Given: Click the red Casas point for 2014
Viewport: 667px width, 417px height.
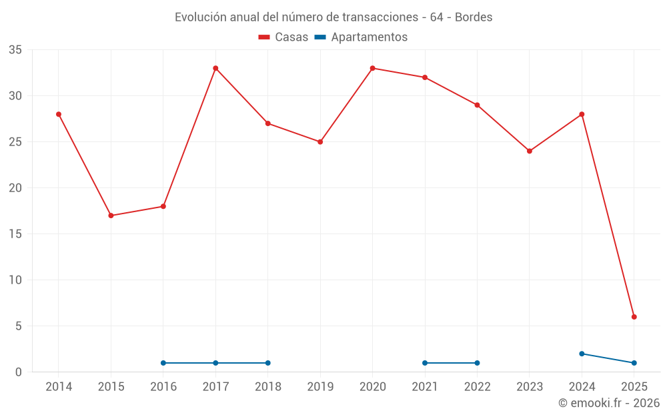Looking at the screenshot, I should pyautogui.click(x=59, y=114).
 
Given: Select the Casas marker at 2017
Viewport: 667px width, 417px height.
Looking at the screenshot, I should pyautogui.click(x=215, y=68).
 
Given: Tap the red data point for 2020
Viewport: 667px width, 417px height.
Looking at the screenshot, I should pyautogui.click(x=372, y=68).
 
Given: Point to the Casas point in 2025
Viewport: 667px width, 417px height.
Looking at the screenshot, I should pyautogui.click(x=634, y=317).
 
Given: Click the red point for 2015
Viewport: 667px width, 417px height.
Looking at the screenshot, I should pyautogui.click(x=111, y=216).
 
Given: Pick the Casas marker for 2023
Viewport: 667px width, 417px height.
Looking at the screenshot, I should pyautogui.click(x=530, y=151).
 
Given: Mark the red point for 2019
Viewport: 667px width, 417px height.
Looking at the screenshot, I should pyautogui.click(x=320, y=141).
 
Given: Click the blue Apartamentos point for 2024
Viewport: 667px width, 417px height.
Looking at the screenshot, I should pyautogui.click(x=582, y=354).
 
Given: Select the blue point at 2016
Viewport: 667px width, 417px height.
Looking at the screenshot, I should pyautogui.click(x=163, y=363).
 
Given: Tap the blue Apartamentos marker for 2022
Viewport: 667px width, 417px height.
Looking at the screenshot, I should pyautogui.click(x=477, y=363).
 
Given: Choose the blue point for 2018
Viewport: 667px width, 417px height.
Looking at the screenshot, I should pyautogui.click(x=267, y=363).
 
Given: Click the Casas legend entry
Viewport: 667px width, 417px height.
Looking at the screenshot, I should pyautogui.click(x=283, y=37).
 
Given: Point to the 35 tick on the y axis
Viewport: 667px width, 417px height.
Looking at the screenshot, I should pyautogui.click(x=15, y=50).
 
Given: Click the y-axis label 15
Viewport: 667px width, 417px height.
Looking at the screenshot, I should pyautogui.click(x=15, y=234).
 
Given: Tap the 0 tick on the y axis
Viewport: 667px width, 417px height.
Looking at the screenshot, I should pyautogui.click(x=19, y=372).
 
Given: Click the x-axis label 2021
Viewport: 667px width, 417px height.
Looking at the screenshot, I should pyautogui.click(x=425, y=387).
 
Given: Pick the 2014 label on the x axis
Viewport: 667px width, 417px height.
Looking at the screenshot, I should pyautogui.click(x=59, y=387).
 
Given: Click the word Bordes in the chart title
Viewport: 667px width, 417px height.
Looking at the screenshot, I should pyautogui.click(x=474, y=17).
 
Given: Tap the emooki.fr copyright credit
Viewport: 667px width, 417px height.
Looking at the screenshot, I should pyautogui.click(x=608, y=403).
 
